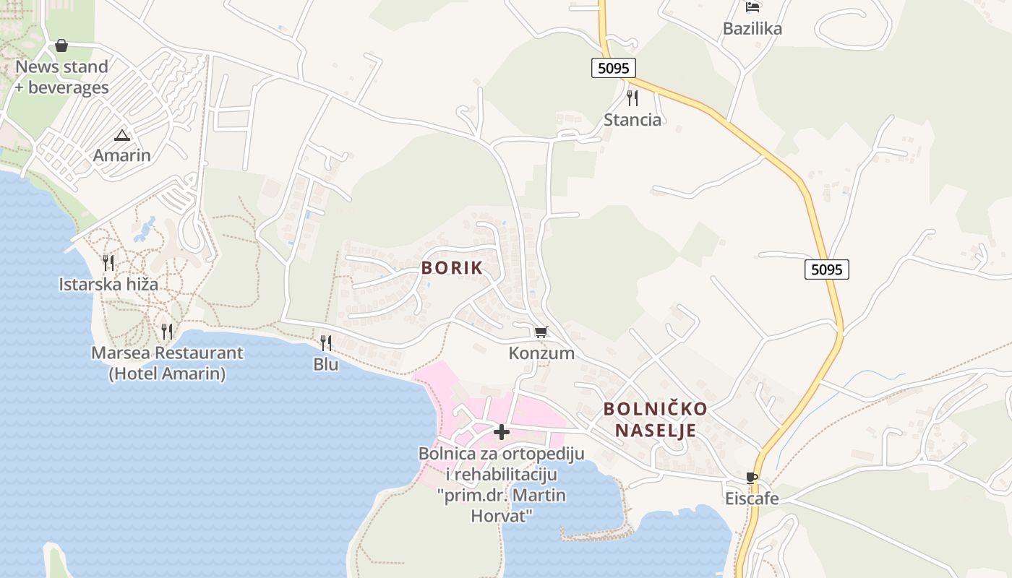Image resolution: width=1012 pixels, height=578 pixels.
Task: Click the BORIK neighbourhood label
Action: point(452,268)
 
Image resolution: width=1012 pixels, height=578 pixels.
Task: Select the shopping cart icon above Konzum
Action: point(541,332)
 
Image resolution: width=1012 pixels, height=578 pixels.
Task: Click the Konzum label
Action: point(541,353)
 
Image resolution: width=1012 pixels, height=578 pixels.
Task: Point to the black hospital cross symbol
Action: point(501,432)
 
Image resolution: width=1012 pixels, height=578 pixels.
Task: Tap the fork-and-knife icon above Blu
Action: point(326,342)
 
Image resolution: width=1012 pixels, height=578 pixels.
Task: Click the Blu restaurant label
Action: point(326,364)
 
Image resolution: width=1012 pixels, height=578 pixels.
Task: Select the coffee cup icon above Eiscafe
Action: point(752,478)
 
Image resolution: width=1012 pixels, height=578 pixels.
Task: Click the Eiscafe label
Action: point(752,499)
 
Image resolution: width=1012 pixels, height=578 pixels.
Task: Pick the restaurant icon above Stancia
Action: point(632,98)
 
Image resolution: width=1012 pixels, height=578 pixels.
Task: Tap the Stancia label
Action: point(632,120)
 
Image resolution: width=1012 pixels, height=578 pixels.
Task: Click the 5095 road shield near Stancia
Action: point(614,68)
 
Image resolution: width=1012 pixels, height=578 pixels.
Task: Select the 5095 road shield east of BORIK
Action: point(826,269)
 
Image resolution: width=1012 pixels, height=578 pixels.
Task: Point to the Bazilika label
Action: point(752,29)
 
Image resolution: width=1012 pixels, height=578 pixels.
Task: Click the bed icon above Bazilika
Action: point(752,7)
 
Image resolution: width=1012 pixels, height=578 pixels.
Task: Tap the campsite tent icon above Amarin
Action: point(122,135)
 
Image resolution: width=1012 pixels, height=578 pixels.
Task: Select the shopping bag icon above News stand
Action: point(61,46)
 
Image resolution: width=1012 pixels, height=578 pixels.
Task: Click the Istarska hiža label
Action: point(108,284)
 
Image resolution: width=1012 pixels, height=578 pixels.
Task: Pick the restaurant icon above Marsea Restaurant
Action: point(167,332)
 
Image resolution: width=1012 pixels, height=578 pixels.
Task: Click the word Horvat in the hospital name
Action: point(502,516)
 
